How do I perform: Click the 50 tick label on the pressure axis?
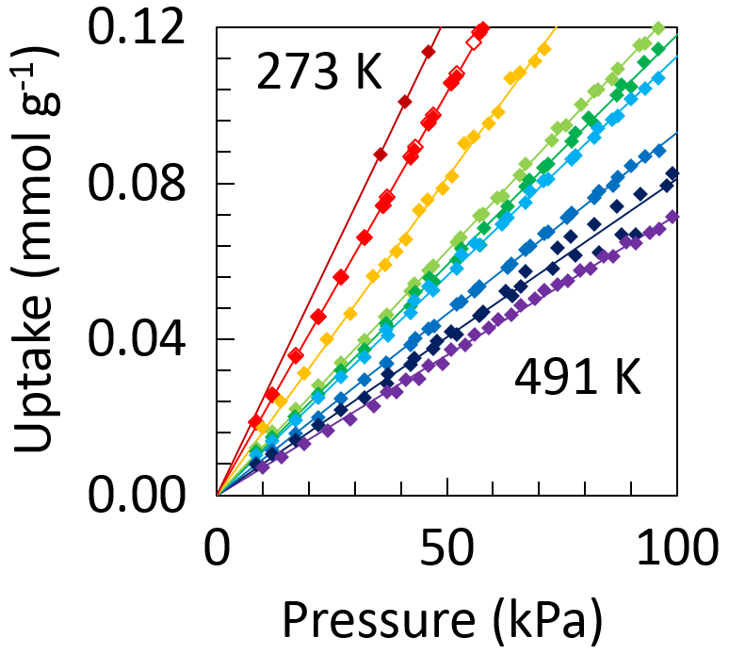tap(446, 547)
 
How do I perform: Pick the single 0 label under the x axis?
tap(217, 547)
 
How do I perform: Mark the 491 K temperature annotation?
tap(577, 382)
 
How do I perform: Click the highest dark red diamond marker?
tap(429, 51)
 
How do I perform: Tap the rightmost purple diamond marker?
tap(672, 217)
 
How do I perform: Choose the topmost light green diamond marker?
tap(658, 28)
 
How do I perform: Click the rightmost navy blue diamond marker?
tap(672, 173)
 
